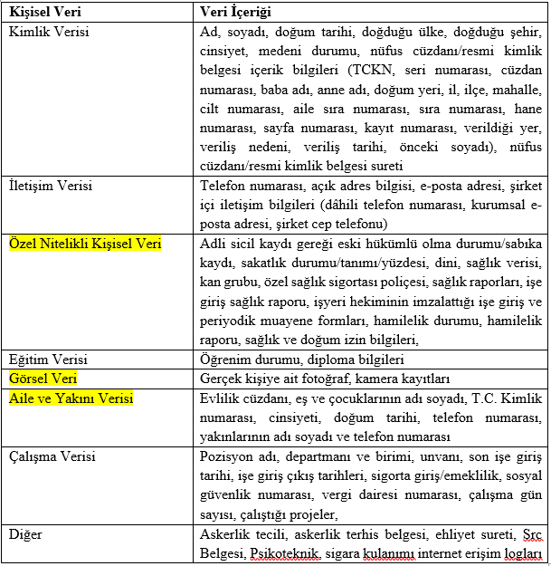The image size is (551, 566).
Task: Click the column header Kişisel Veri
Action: (x=43, y=14)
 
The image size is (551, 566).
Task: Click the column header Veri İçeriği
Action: (x=234, y=14)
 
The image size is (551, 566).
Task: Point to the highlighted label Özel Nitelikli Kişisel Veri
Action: (x=84, y=245)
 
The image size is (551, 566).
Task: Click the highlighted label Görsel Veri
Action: (x=43, y=379)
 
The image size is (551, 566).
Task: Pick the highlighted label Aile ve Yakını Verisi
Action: (x=71, y=398)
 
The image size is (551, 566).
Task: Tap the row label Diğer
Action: (x=26, y=534)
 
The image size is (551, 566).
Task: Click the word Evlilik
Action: (x=220, y=398)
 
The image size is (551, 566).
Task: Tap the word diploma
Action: (x=328, y=359)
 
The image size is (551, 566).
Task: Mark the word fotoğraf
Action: (x=338, y=379)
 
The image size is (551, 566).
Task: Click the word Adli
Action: (x=214, y=245)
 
